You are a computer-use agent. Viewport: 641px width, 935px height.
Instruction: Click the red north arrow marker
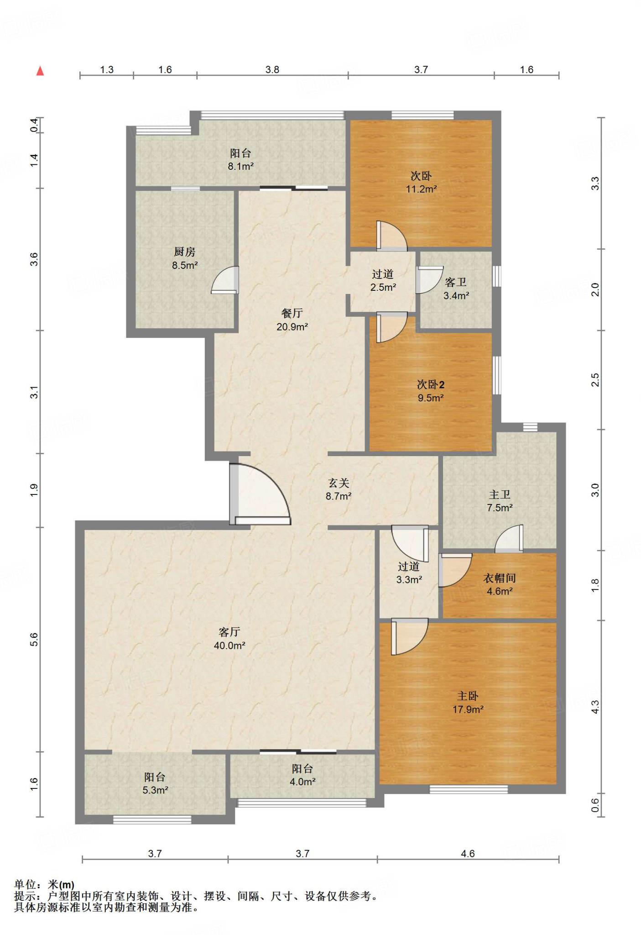click(40, 71)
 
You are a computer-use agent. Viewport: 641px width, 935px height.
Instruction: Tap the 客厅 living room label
click(229, 632)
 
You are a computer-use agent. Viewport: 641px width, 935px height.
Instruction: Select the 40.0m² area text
click(229, 646)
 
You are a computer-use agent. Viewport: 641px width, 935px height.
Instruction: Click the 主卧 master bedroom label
click(468, 696)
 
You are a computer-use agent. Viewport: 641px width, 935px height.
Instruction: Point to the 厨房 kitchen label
click(184, 252)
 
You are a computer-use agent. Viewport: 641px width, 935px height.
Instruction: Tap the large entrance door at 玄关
click(260, 494)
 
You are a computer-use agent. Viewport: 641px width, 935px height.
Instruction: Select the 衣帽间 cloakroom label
click(500, 578)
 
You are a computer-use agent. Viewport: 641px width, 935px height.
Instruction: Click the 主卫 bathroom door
click(509, 538)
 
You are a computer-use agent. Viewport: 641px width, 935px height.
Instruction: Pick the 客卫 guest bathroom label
click(456, 282)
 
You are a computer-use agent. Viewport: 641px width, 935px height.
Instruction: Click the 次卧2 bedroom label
click(431, 384)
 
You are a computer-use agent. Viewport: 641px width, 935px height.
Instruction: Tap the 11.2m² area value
click(422, 189)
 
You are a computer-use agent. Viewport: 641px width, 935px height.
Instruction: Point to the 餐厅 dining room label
click(292, 313)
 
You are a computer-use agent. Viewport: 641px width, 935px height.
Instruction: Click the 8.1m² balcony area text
click(241, 167)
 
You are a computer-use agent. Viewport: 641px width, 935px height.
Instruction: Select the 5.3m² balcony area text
click(155, 790)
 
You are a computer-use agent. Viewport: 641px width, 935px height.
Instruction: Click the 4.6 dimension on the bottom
click(468, 854)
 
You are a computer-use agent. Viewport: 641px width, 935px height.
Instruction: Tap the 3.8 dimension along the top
click(272, 69)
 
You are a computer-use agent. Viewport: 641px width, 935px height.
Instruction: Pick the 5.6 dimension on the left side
click(34, 640)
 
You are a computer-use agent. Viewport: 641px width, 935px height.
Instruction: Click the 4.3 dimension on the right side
click(595, 707)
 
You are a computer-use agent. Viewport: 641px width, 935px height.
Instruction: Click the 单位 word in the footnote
click(25, 885)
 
